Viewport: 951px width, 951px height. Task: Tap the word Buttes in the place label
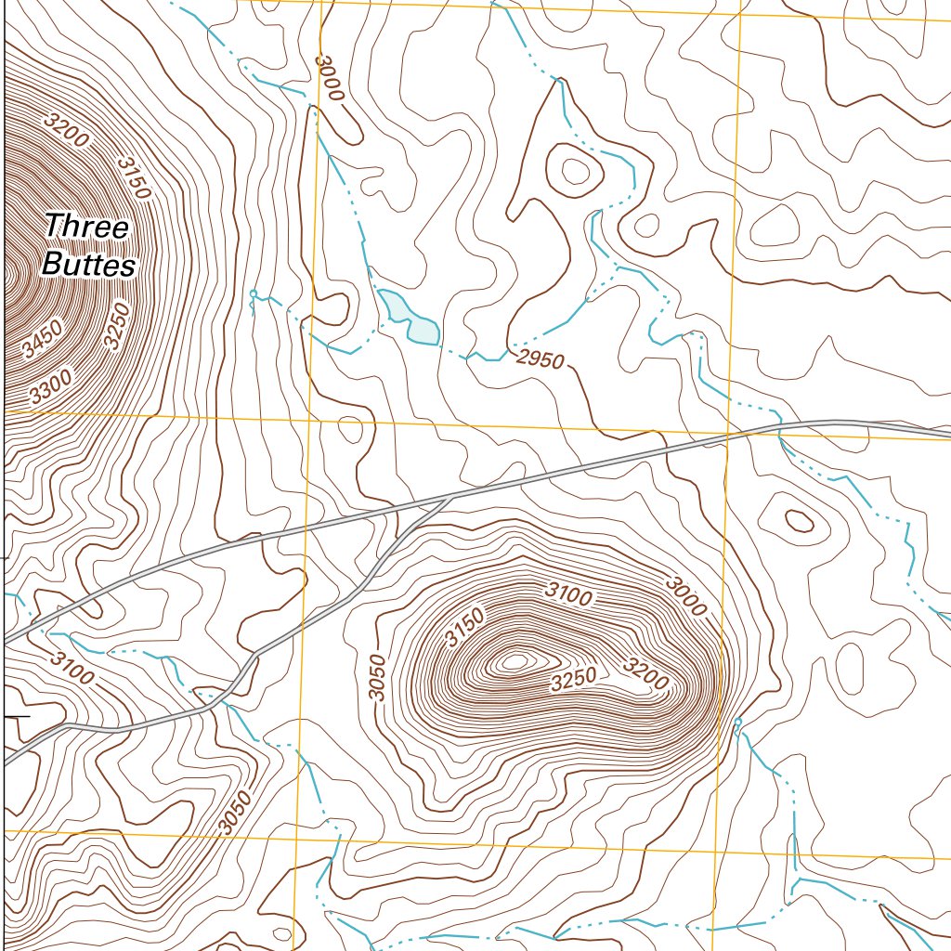(89, 266)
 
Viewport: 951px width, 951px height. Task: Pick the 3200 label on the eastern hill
(646, 675)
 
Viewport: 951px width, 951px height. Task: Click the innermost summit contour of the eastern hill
(515, 661)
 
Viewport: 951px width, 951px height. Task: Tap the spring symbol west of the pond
(253, 294)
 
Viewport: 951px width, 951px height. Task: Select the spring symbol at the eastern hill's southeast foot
(738, 722)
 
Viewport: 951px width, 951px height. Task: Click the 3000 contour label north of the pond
(329, 80)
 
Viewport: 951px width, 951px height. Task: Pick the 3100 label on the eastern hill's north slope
(567, 594)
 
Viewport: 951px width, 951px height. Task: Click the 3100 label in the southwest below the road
(72, 668)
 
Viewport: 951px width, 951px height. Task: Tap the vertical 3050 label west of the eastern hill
(375, 671)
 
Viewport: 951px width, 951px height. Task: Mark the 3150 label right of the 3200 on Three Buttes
(134, 176)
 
